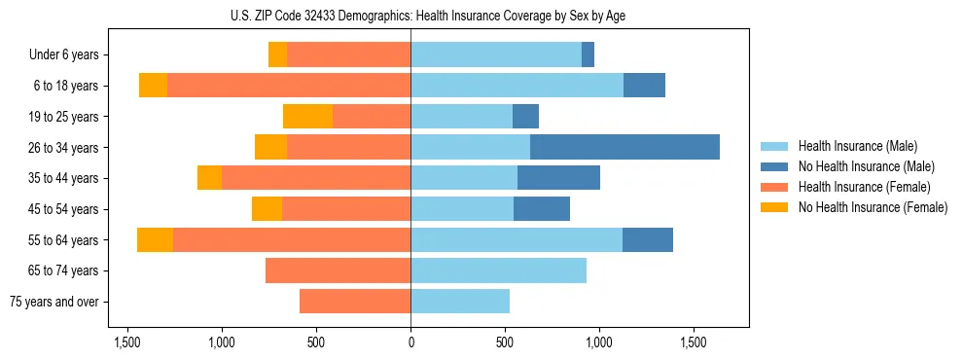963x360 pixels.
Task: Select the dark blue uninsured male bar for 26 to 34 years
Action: (x=624, y=147)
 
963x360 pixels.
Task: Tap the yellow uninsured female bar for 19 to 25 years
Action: (x=307, y=116)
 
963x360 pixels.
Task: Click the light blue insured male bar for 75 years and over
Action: (x=460, y=302)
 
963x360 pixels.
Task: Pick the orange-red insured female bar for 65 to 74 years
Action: (x=338, y=270)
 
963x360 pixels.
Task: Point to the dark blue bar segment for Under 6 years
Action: (x=588, y=54)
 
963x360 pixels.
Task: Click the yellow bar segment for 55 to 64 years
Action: (x=155, y=239)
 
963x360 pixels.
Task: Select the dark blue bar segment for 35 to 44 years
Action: (x=558, y=178)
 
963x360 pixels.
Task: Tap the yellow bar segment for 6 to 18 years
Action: (x=153, y=86)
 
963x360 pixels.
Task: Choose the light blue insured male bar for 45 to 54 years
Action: (x=462, y=208)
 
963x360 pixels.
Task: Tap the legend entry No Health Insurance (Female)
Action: (x=873, y=207)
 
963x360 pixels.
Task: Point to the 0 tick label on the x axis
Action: (x=410, y=342)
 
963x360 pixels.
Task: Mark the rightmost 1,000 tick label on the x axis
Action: (x=598, y=342)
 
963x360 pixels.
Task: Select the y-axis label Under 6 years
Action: (x=64, y=54)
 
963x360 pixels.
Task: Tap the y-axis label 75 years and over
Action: (x=53, y=302)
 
